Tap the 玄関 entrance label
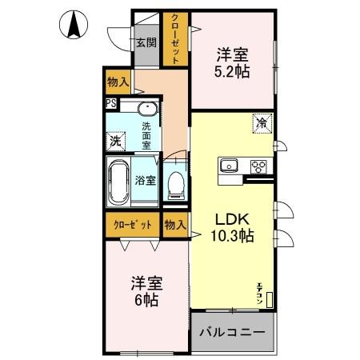145,43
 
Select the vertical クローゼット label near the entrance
173,38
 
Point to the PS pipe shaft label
110,103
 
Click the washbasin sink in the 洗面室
146,110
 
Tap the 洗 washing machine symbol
115,139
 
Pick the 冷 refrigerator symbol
262,123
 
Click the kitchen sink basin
229,166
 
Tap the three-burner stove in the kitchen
259,166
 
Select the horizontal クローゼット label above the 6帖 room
133,225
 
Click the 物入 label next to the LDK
174,225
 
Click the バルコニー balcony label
232,331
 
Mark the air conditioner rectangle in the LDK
270,300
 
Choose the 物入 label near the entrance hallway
118,81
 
